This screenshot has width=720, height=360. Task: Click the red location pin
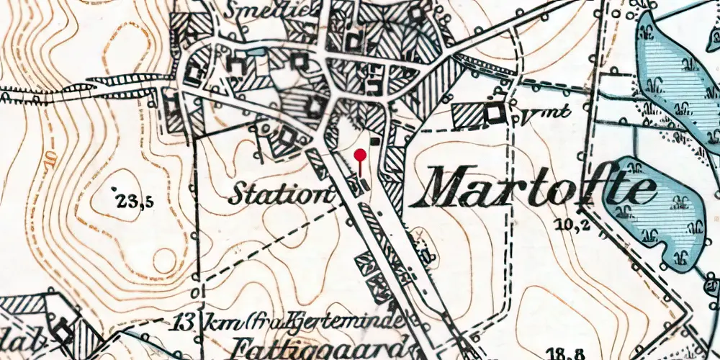coord(361,156)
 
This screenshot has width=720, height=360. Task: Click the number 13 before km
coord(184,320)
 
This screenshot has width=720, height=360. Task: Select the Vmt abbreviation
coord(534,112)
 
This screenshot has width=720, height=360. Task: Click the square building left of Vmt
coord(494,112)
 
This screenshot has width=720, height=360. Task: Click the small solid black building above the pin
coord(374,142)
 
